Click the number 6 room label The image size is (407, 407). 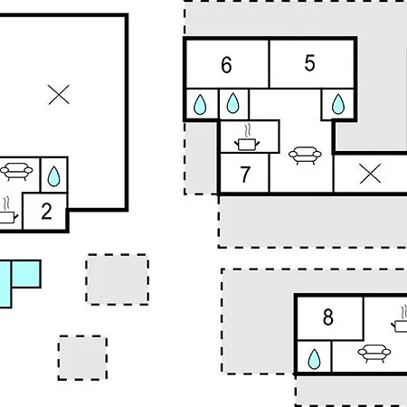[226, 65]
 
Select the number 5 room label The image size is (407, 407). [309, 63]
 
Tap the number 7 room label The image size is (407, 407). [245, 175]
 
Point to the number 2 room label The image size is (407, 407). [46, 212]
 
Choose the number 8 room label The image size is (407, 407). [328, 317]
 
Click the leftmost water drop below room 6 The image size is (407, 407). [200, 105]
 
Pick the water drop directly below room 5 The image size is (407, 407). [338, 104]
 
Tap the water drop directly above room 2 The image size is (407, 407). [53, 176]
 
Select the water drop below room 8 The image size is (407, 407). [314, 359]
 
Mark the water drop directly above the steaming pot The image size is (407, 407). [232, 103]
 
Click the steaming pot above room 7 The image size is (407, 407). [247, 137]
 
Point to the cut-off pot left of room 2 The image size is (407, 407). [7, 211]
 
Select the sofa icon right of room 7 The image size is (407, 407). [305, 156]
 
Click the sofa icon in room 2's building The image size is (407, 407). [16, 171]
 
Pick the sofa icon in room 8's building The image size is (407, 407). [374, 353]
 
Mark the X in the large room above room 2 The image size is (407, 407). [59, 94]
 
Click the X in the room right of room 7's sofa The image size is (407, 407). [371, 174]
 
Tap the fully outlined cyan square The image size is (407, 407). [26, 274]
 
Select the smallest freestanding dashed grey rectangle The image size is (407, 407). [82, 357]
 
